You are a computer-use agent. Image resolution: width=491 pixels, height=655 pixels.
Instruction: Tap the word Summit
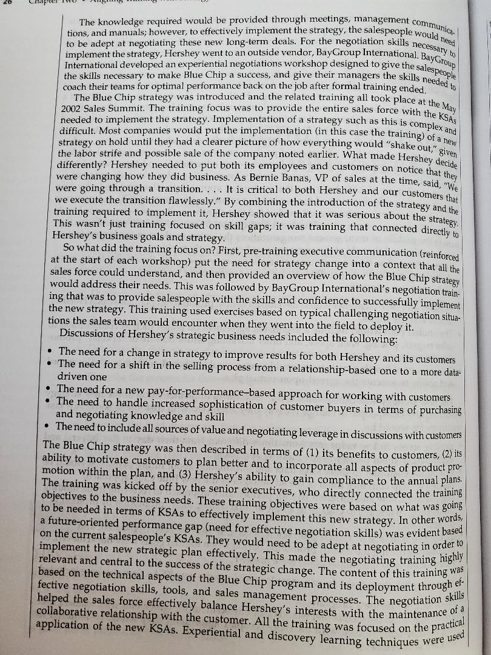tap(131, 109)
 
